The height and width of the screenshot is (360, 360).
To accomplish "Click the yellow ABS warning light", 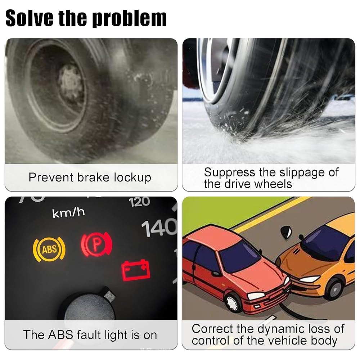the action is (49, 249).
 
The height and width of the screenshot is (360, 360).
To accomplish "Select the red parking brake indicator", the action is (96, 244).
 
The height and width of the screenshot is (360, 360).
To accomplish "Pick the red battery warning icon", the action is (136, 270).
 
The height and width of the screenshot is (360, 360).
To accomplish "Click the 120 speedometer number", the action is (139, 202).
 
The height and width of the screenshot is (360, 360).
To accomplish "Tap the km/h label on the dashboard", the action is (68, 213).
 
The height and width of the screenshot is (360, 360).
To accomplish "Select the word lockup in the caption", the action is (133, 178).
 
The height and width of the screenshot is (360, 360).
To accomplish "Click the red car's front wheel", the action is (232, 303).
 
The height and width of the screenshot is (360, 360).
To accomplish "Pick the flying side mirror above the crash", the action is (287, 231).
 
